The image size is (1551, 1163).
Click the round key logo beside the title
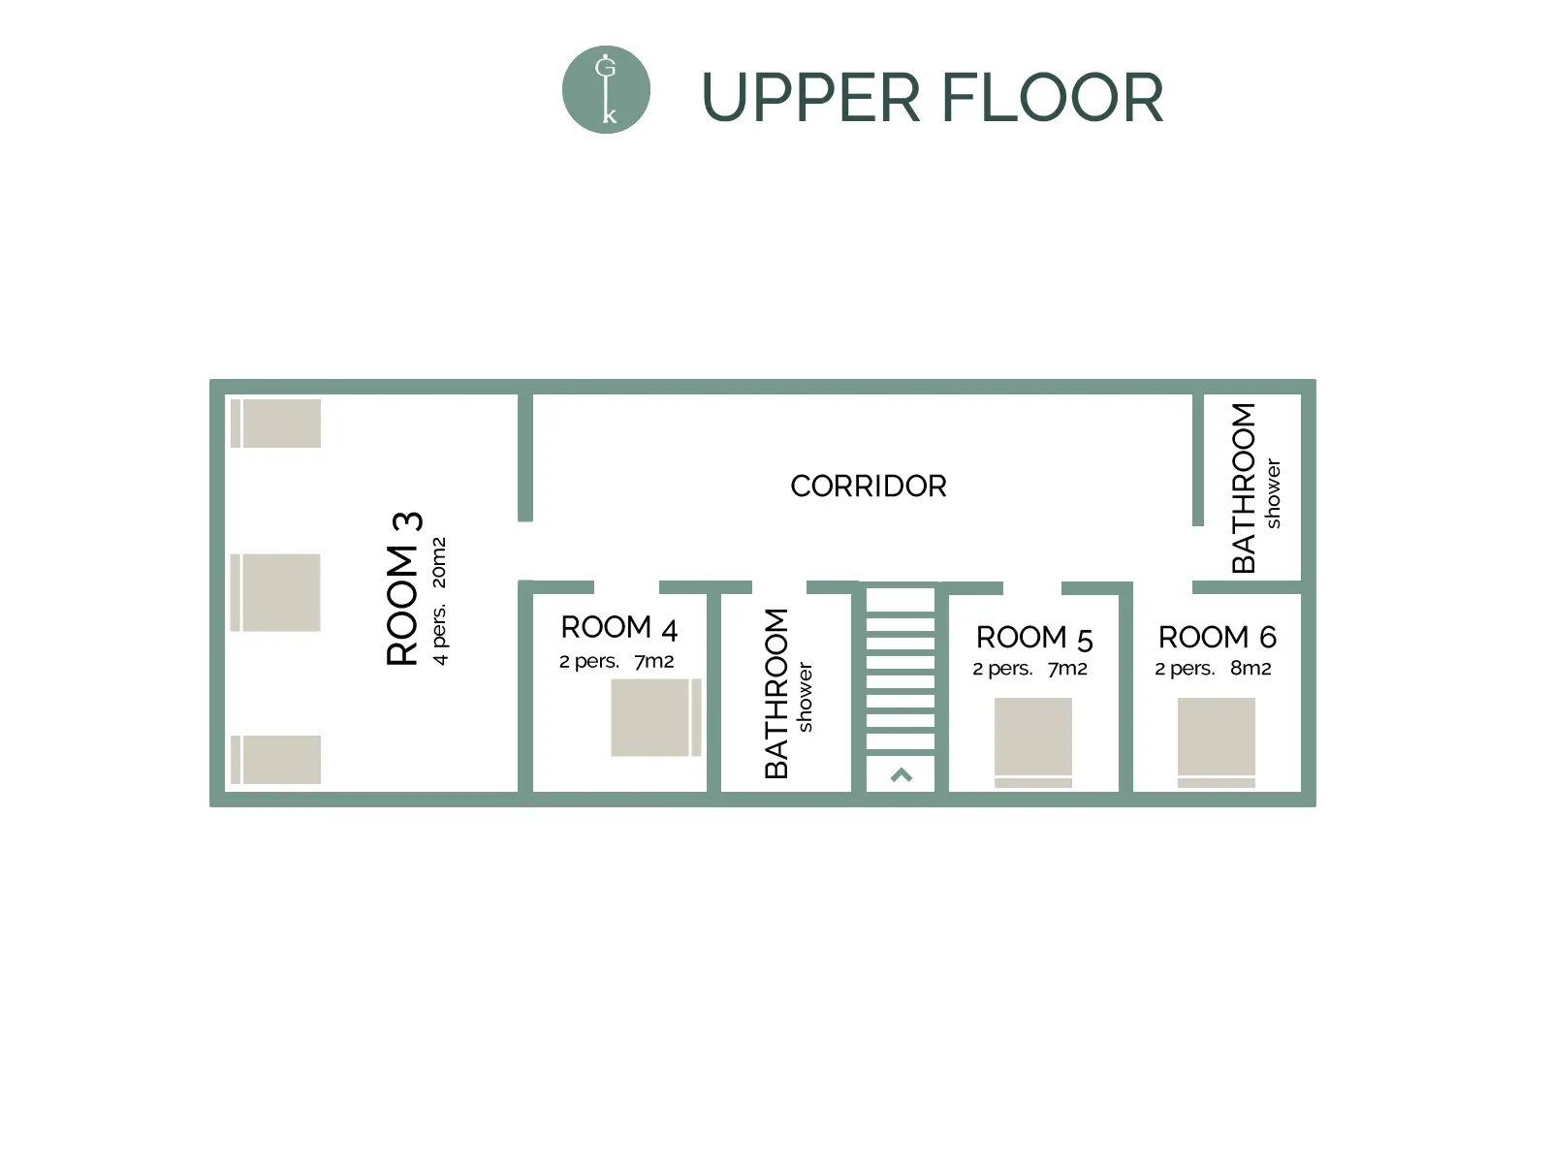pos(606,90)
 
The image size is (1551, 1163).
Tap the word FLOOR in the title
pos(1052,98)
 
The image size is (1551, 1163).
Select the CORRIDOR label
pos(869,486)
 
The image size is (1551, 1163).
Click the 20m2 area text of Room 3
pos(439,563)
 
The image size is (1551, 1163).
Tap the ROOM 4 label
pos(619,628)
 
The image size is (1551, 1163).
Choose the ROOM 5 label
pos(1034,638)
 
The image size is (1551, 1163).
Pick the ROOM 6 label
pos(1218,637)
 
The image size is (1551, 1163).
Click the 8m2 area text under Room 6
pos(1250,668)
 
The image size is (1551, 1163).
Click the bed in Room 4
pos(655,717)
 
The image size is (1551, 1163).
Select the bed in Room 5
pos(1033,742)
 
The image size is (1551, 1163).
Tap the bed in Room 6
pos(1216,742)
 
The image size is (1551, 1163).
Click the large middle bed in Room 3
pos(275,592)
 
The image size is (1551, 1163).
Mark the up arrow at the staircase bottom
pos(901,775)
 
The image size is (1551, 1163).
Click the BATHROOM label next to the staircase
pos(776,693)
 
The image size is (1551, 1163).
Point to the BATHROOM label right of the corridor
pos(1243,487)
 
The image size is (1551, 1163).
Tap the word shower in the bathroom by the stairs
pos(805,697)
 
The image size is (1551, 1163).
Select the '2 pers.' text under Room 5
pos(1002,669)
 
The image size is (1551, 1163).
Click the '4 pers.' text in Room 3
pos(439,634)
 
